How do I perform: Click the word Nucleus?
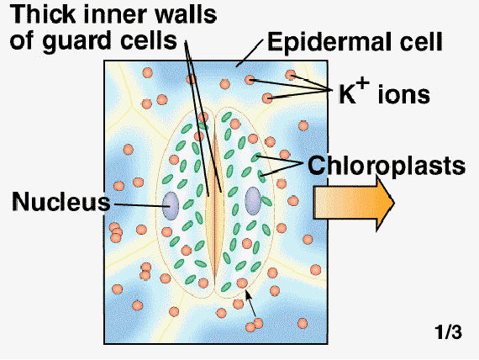[x=61, y=202]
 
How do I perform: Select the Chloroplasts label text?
[x=387, y=166]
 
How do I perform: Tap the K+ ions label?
[x=385, y=93]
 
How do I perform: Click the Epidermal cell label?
[x=355, y=43]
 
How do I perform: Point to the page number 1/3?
[x=448, y=332]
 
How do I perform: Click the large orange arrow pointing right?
[x=354, y=204]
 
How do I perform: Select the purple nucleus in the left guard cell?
[x=171, y=206]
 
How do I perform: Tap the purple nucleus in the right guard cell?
[x=253, y=201]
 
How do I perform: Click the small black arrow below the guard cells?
[x=250, y=303]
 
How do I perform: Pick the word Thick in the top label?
[x=43, y=14]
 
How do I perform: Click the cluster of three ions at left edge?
[x=116, y=233]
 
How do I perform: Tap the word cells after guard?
[x=149, y=40]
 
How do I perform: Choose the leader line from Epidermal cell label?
[x=250, y=53]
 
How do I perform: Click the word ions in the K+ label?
[x=404, y=94]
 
